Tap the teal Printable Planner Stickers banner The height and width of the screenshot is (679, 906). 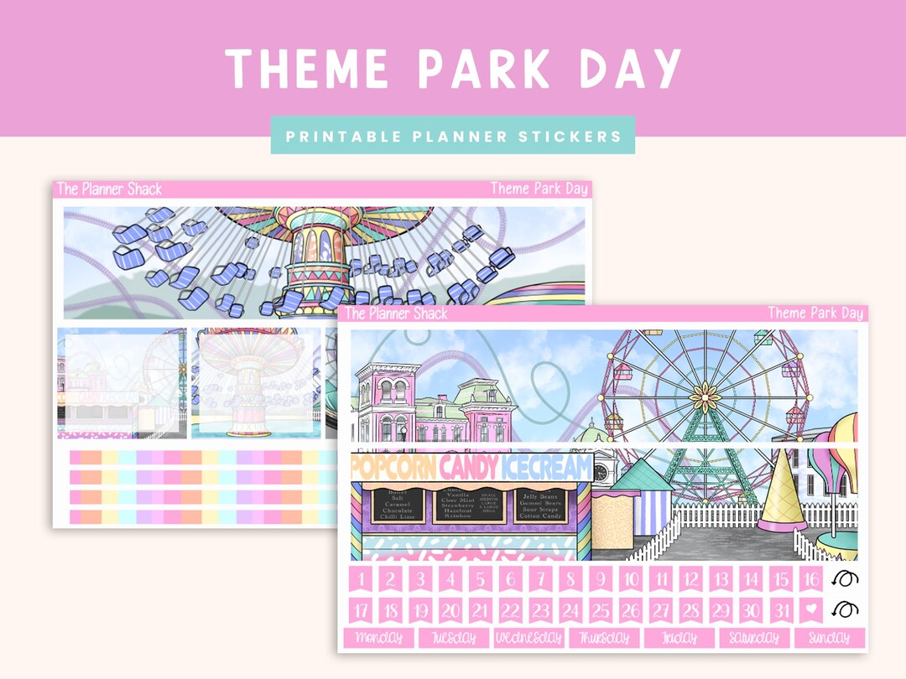click(x=452, y=136)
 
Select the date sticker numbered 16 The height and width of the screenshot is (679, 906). click(x=811, y=579)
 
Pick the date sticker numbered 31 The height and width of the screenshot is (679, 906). click(x=782, y=611)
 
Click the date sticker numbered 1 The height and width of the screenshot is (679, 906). click(x=362, y=579)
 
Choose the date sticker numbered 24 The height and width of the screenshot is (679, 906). click(x=570, y=611)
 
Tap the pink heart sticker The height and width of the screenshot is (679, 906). click(x=811, y=611)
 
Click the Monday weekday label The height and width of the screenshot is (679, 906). click(x=379, y=638)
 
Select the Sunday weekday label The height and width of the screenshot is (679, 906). click(x=829, y=638)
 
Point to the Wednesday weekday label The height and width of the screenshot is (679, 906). click(x=528, y=638)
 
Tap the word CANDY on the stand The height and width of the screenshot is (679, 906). click(x=469, y=467)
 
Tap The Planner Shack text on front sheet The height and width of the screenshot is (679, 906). click(x=397, y=314)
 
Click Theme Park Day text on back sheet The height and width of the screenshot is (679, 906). click(x=539, y=189)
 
